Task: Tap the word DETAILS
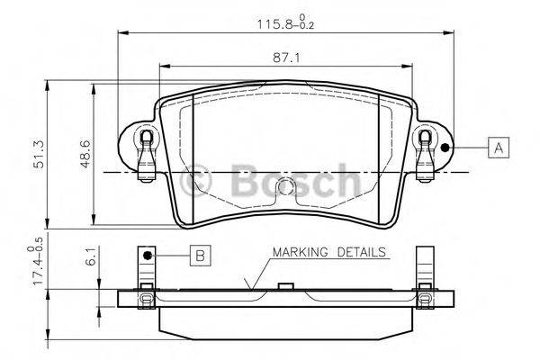point(362,252)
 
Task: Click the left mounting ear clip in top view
point(143,153)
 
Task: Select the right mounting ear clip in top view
point(426,153)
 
